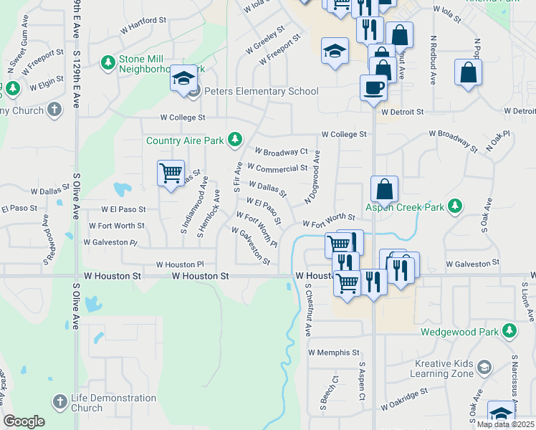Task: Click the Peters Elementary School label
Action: click(262, 92)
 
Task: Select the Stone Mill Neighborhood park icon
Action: click(108, 64)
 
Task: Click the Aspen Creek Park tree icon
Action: click(454, 207)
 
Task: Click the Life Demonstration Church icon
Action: click(61, 402)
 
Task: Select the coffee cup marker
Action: click(373, 88)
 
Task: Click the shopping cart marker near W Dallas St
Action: click(171, 173)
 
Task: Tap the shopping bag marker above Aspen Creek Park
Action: click(385, 189)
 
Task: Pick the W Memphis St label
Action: click(333, 353)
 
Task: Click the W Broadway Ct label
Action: click(281, 152)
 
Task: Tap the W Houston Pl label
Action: click(180, 264)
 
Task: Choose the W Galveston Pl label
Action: click(110, 242)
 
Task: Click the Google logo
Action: click(24, 421)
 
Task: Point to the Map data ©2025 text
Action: click(505, 424)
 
